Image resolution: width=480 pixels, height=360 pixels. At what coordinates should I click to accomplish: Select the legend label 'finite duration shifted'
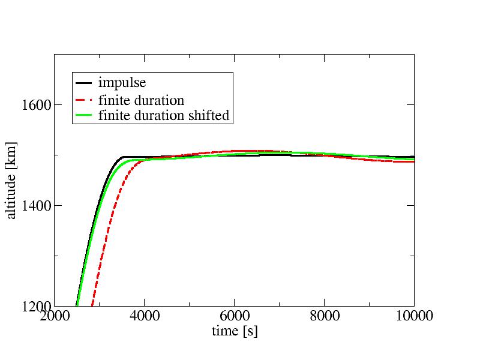pyautogui.click(x=164, y=116)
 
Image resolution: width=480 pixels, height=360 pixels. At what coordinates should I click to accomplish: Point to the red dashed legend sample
pyautogui.click(x=85, y=99)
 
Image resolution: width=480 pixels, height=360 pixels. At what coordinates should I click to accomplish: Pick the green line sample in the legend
pyautogui.click(x=85, y=116)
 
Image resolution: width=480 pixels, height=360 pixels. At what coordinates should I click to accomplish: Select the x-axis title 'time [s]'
pyautogui.click(x=235, y=331)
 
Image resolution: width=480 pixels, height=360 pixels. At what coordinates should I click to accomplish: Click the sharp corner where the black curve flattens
pyautogui.click(x=123, y=157)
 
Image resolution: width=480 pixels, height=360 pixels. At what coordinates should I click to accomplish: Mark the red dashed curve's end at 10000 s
pyautogui.click(x=413, y=161)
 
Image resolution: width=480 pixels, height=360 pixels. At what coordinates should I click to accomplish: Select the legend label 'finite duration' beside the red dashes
pyautogui.click(x=141, y=99)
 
